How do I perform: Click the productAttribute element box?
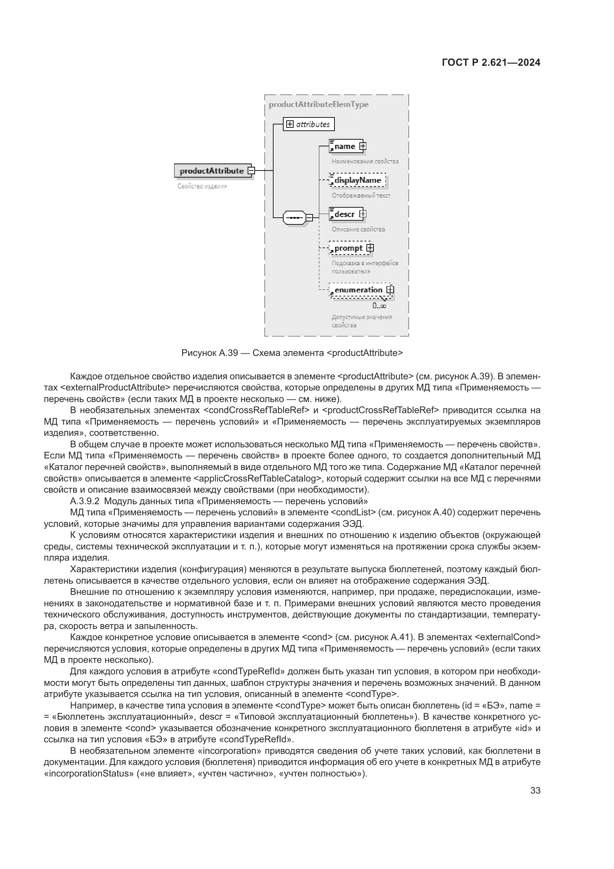point(212,171)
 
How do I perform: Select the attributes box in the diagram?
point(308,124)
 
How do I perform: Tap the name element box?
point(344,146)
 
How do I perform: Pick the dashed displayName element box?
point(357,180)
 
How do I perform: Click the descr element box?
point(344,214)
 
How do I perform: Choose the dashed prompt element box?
point(348,248)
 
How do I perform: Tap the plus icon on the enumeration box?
point(390,290)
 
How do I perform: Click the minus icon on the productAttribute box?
point(251,171)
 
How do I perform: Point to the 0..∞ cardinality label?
point(379,306)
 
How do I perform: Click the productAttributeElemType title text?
point(319,104)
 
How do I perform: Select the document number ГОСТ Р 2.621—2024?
point(491,63)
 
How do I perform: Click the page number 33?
point(535,791)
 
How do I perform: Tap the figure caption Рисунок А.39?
point(209,353)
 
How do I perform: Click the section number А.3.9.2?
point(84,501)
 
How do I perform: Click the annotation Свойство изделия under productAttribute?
point(202,186)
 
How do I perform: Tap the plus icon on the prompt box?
point(370,248)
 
